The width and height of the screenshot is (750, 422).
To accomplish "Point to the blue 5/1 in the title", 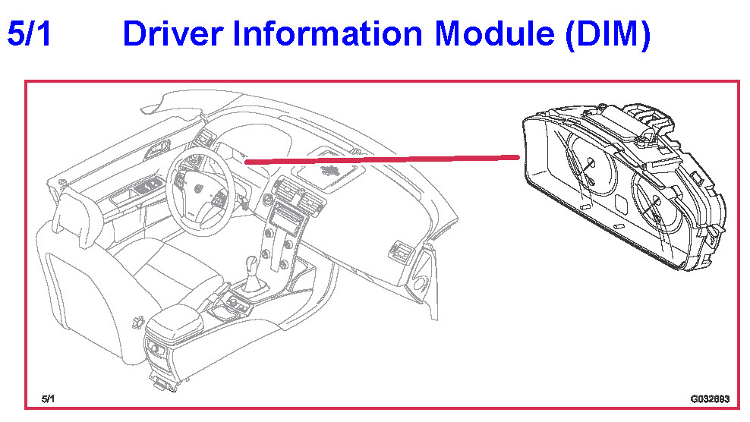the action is point(29,34).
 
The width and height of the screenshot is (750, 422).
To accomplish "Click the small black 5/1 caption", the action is point(49,398).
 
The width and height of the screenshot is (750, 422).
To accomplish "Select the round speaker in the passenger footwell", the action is point(418,284).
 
